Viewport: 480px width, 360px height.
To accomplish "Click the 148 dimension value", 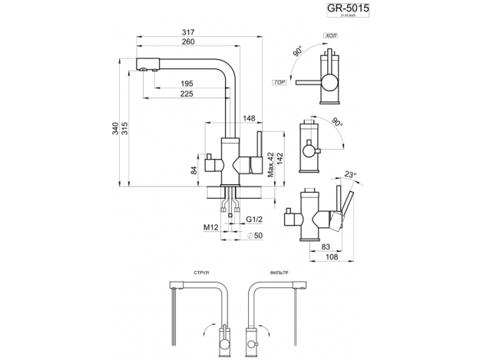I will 250,118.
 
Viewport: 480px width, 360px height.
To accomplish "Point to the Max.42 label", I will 270,164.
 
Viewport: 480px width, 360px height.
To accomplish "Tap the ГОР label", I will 278,81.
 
